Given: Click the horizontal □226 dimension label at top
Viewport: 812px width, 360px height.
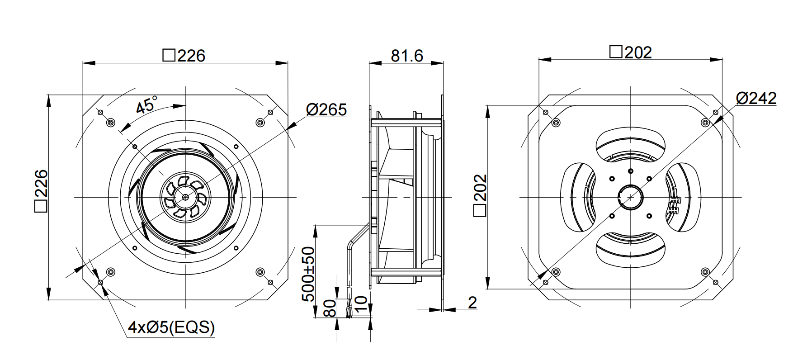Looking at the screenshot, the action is (184, 55).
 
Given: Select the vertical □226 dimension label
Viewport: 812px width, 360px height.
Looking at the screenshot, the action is (41, 190).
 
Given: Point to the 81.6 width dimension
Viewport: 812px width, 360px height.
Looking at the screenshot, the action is (406, 55).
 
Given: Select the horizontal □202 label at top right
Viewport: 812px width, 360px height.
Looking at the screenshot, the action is (631, 52).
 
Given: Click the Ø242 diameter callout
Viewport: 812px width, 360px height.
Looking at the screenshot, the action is (756, 98).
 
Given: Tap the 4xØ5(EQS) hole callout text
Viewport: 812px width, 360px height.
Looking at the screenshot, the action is (171, 327).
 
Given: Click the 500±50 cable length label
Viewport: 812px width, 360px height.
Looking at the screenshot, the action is (308, 274).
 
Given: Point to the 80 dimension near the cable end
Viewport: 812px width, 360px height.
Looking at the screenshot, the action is (330, 308).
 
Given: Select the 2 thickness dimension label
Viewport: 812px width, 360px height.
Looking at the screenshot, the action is (472, 303).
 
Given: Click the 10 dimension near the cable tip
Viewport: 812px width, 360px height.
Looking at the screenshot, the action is (360, 305).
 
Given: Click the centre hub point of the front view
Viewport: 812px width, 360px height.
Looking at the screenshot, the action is (185, 197).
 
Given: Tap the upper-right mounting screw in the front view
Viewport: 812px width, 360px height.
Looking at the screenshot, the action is (260, 123).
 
